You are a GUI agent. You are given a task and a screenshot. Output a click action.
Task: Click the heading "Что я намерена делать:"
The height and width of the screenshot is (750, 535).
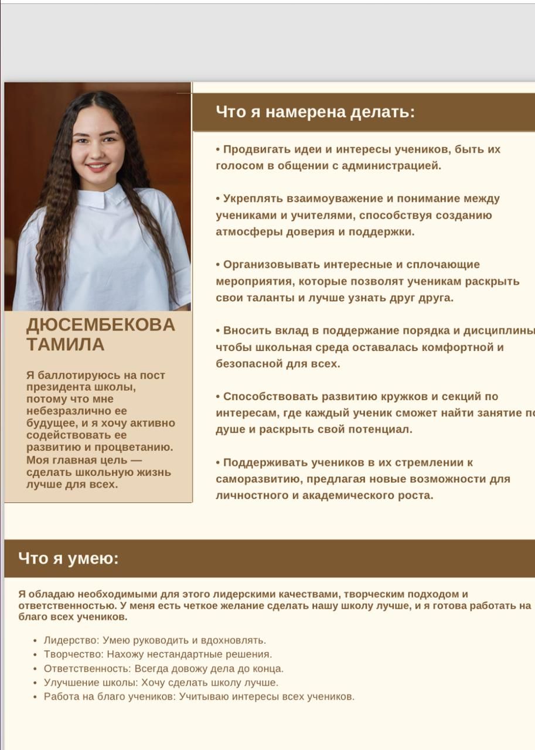(315, 112)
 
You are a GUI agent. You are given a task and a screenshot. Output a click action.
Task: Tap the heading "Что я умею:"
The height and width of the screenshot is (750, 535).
(69, 558)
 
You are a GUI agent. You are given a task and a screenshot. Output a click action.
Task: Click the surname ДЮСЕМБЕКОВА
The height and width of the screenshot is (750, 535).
(101, 325)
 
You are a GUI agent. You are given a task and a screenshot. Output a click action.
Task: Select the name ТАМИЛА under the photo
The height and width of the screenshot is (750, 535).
(66, 344)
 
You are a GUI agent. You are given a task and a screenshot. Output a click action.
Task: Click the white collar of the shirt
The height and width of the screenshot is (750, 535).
(103, 196)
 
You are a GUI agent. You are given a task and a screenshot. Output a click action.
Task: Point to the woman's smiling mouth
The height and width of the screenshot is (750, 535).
(97, 168)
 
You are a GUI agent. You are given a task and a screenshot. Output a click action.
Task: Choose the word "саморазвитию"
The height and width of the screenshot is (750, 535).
(258, 479)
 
